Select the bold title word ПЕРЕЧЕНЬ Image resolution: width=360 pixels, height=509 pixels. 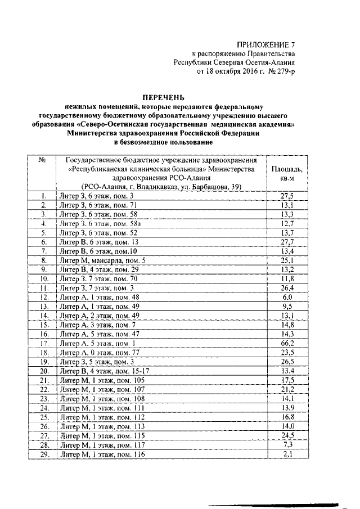(x=162, y=97)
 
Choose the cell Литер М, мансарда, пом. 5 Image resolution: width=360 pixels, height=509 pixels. (x=102, y=260)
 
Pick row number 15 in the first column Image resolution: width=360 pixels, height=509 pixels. (x=43, y=325)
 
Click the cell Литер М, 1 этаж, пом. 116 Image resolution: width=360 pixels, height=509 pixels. (x=102, y=453)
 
